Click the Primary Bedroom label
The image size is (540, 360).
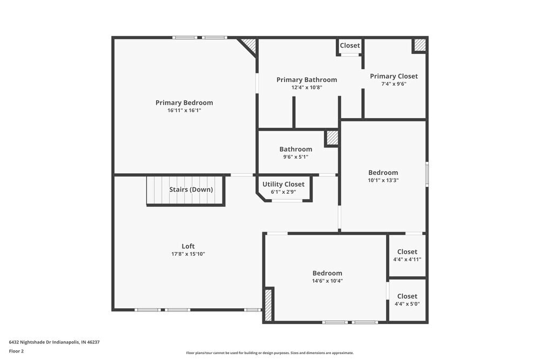[x=184, y=103]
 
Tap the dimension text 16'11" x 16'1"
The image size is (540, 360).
[x=184, y=111]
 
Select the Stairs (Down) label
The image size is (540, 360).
[x=191, y=189]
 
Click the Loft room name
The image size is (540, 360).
[x=188, y=246]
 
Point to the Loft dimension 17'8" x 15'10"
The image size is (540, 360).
[x=188, y=254]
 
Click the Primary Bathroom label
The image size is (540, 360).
[x=307, y=79]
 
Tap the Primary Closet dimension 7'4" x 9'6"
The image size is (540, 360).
[x=394, y=84]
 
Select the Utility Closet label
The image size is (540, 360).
[x=283, y=184]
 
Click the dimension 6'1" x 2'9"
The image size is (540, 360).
[x=283, y=192]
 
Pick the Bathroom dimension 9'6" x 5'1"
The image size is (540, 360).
[x=295, y=157]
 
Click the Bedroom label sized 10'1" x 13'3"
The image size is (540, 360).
[x=383, y=173]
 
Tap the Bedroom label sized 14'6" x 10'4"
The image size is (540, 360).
[x=327, y=273]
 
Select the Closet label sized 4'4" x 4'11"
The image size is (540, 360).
[x=407, y=252]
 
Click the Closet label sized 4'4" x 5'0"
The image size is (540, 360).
[x=407, y=296]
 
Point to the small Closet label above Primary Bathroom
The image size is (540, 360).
[x=350, y=45]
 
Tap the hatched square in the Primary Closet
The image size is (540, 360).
[x=420, y=45]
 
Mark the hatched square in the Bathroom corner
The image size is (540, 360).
[x=332, y=138]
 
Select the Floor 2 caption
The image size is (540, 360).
[x=16, y=351]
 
